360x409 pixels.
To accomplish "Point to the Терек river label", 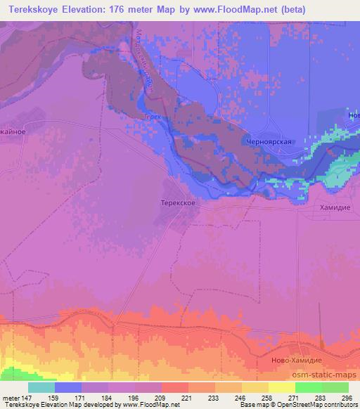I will pyautogui.click(x=152, y=117).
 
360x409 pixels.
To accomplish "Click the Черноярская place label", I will pyautogui.click(x=268, y=141).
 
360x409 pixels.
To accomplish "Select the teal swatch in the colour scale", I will pyautogui.click(x=41, y=387).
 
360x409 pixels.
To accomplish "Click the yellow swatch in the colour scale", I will pyautogui.click(x=282, y=387).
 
